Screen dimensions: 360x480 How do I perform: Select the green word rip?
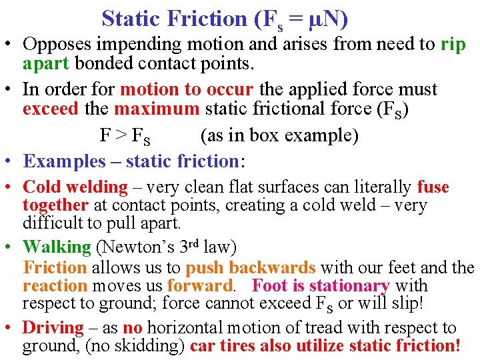[453, 45]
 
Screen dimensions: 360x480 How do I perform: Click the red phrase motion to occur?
[187, 89]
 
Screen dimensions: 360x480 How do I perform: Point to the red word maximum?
[157, 107]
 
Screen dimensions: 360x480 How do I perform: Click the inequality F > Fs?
[125, 136]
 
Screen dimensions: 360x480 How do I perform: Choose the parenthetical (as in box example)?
[279, 135]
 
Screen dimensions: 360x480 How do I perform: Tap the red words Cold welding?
[75, 187]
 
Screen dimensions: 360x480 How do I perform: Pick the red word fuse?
[433, 187]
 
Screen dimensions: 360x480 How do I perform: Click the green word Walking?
[57, 247]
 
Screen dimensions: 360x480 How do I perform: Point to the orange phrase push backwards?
[250, 268]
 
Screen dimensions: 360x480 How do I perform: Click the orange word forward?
[201, 286]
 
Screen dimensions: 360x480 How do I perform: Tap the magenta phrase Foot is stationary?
[321, 286]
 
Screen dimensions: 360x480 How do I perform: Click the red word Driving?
[53, 327]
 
